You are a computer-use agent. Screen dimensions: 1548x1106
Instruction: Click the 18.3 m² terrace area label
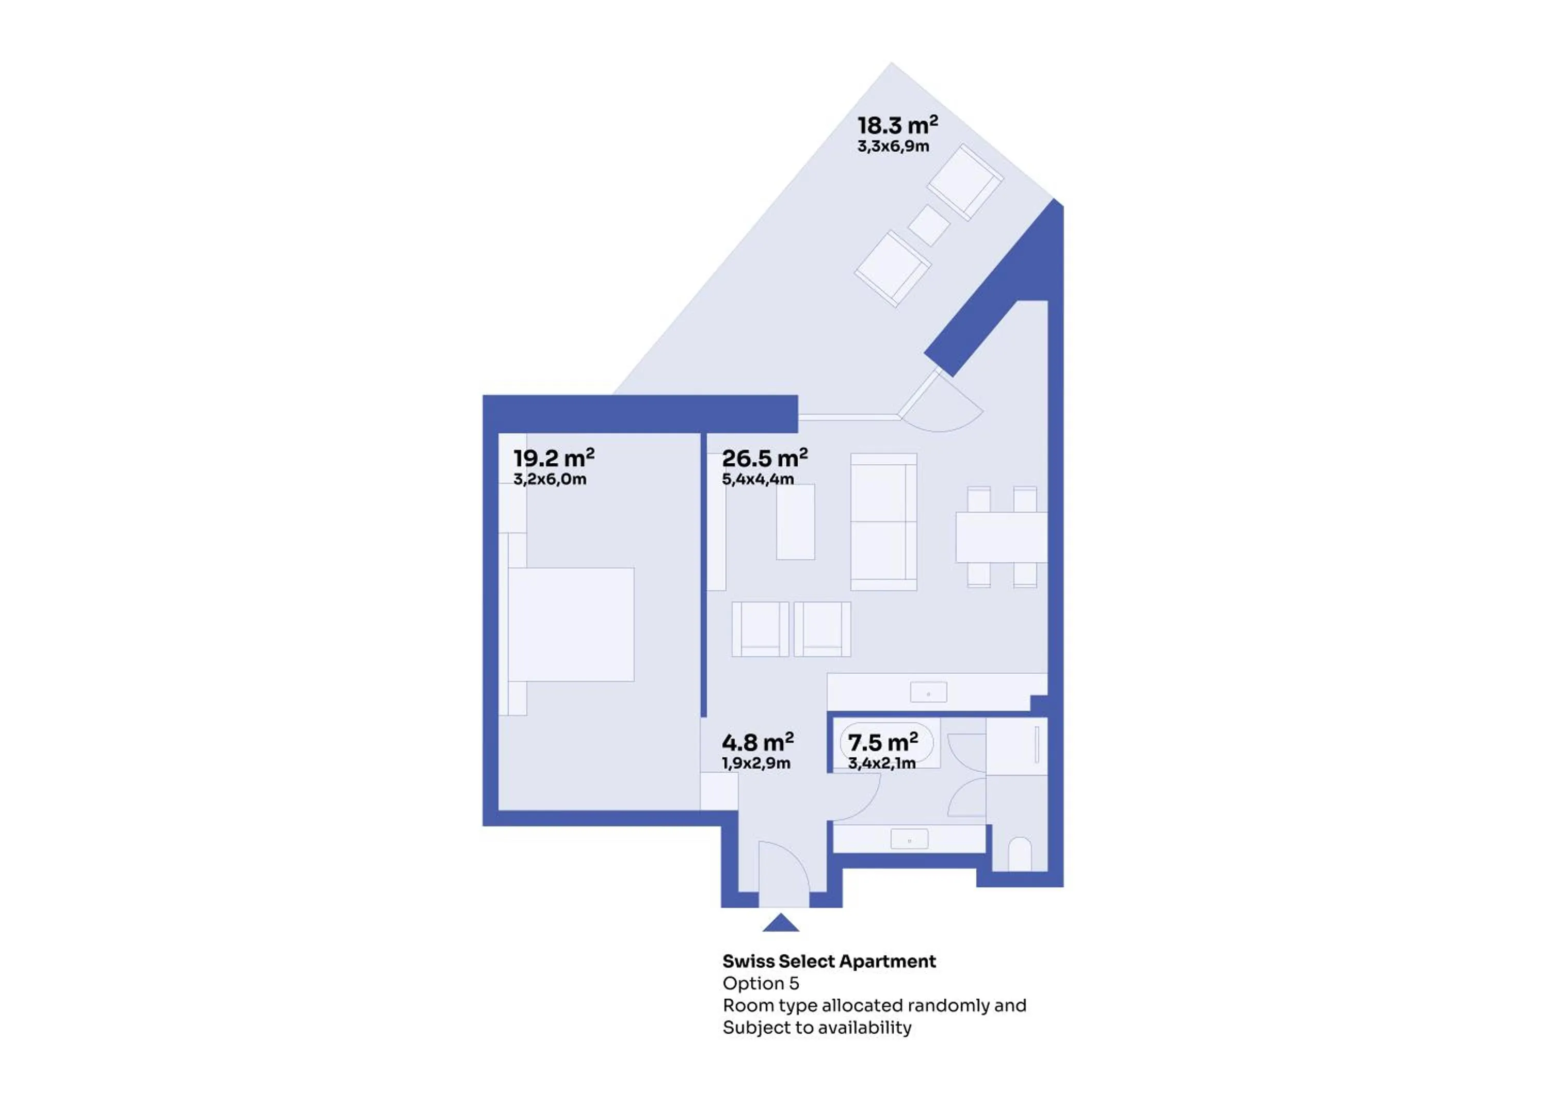(x=897, y=125)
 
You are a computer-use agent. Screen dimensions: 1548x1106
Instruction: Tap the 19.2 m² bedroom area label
(x=554, y=458)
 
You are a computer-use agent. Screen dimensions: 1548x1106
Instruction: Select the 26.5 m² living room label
(x=764, y=458)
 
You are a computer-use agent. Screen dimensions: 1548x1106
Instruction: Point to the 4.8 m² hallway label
(x=757, y=742)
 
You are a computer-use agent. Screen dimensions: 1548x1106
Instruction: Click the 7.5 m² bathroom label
(x=883, y=742)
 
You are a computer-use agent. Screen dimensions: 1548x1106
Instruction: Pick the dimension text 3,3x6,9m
(x=893, y=146)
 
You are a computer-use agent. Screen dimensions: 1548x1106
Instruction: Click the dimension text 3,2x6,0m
(x=550, y=479)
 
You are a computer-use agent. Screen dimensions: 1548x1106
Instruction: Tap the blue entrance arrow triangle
(x=781, y=923)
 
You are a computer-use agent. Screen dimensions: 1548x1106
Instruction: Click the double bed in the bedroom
(x=571, y=625)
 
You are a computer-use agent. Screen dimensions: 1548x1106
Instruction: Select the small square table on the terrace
(x=928, y=225)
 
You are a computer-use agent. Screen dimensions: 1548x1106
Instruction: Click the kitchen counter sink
(x=928, y=692)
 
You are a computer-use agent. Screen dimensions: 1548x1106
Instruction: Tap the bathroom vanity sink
(x=909, y=839)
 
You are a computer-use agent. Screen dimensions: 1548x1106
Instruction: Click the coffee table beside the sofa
(x=796, y=522)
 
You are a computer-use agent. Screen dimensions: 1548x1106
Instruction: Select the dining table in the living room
(x=1001, y=538)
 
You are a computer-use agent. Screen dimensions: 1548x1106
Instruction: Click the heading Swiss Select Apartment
(x=829, y=961)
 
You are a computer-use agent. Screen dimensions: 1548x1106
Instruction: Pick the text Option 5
(x=761, y=983)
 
